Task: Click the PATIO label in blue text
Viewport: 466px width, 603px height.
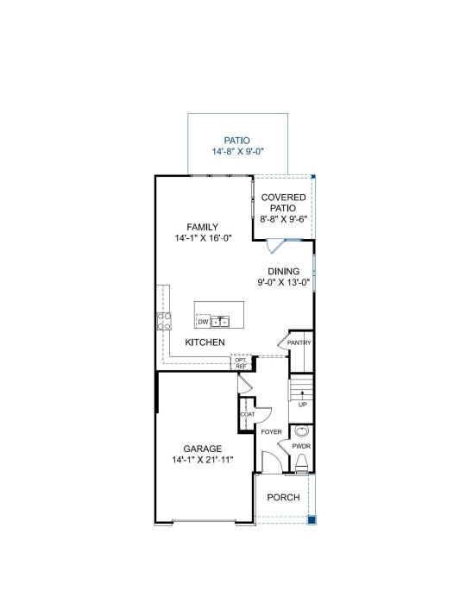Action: pyautogui.click(x=236, y=141)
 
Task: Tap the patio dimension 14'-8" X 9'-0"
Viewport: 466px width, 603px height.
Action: pyautogui.click(x=237, y=152)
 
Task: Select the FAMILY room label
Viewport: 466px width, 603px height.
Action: pyautogui.click(x=203, y=227)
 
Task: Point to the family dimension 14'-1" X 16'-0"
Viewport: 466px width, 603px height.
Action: pyautogui.click(x=203, y=238)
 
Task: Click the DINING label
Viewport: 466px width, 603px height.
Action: pyautogui.click(x=284, y=272)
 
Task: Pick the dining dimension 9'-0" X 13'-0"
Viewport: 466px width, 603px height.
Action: pyautogui.click(x=284, y=282)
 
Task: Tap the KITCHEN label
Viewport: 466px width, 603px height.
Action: pyautogui.click(x=205, y=342)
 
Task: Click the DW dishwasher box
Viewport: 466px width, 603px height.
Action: pyautogui.click(x=203, y=322)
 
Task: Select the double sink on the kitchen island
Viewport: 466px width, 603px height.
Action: pyautogui.click(x=220, y=322)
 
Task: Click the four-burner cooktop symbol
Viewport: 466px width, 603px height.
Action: pyautogui.click(x=164, y=321)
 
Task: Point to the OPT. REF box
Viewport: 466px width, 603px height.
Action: pyautogui.click(x=241, y=362)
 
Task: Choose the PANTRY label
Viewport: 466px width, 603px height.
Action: pyautogui.click(x=299, y=342)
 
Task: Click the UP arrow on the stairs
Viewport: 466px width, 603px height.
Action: pyautogui.click(x=302, y=396)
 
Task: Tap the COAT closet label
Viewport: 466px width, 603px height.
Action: pyautogui.click(x=248, y=414)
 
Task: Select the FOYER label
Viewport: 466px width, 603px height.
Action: pyautogui.click(x=271, y=432)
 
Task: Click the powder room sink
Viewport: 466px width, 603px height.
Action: pyautogui.click(x=301, y=430)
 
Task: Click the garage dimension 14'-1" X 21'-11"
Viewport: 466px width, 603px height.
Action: pyautogui.click(x=203, y=460)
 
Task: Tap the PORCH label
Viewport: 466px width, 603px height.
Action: pyautogui.click(x=283, y=497)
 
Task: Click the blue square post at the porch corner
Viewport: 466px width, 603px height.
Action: pyautogui.click(x=312, y=520)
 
